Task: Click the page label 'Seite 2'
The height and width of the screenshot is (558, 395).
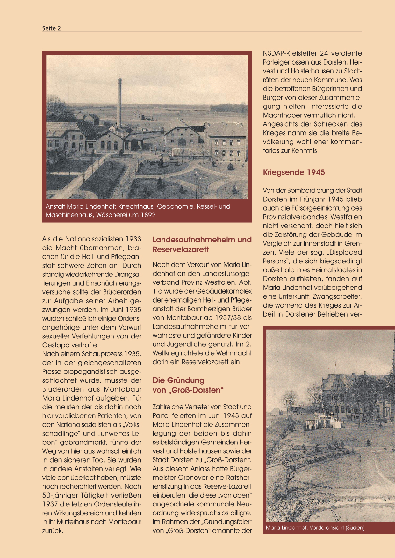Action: [51, 28]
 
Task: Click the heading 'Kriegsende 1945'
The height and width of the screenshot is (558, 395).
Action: [294, 172]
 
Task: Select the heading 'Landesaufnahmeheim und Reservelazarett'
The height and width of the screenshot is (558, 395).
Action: [202, 244]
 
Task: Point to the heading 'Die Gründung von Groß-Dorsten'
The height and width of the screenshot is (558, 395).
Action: [188, 385]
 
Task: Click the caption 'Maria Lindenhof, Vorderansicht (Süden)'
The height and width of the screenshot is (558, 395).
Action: [315, 528]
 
